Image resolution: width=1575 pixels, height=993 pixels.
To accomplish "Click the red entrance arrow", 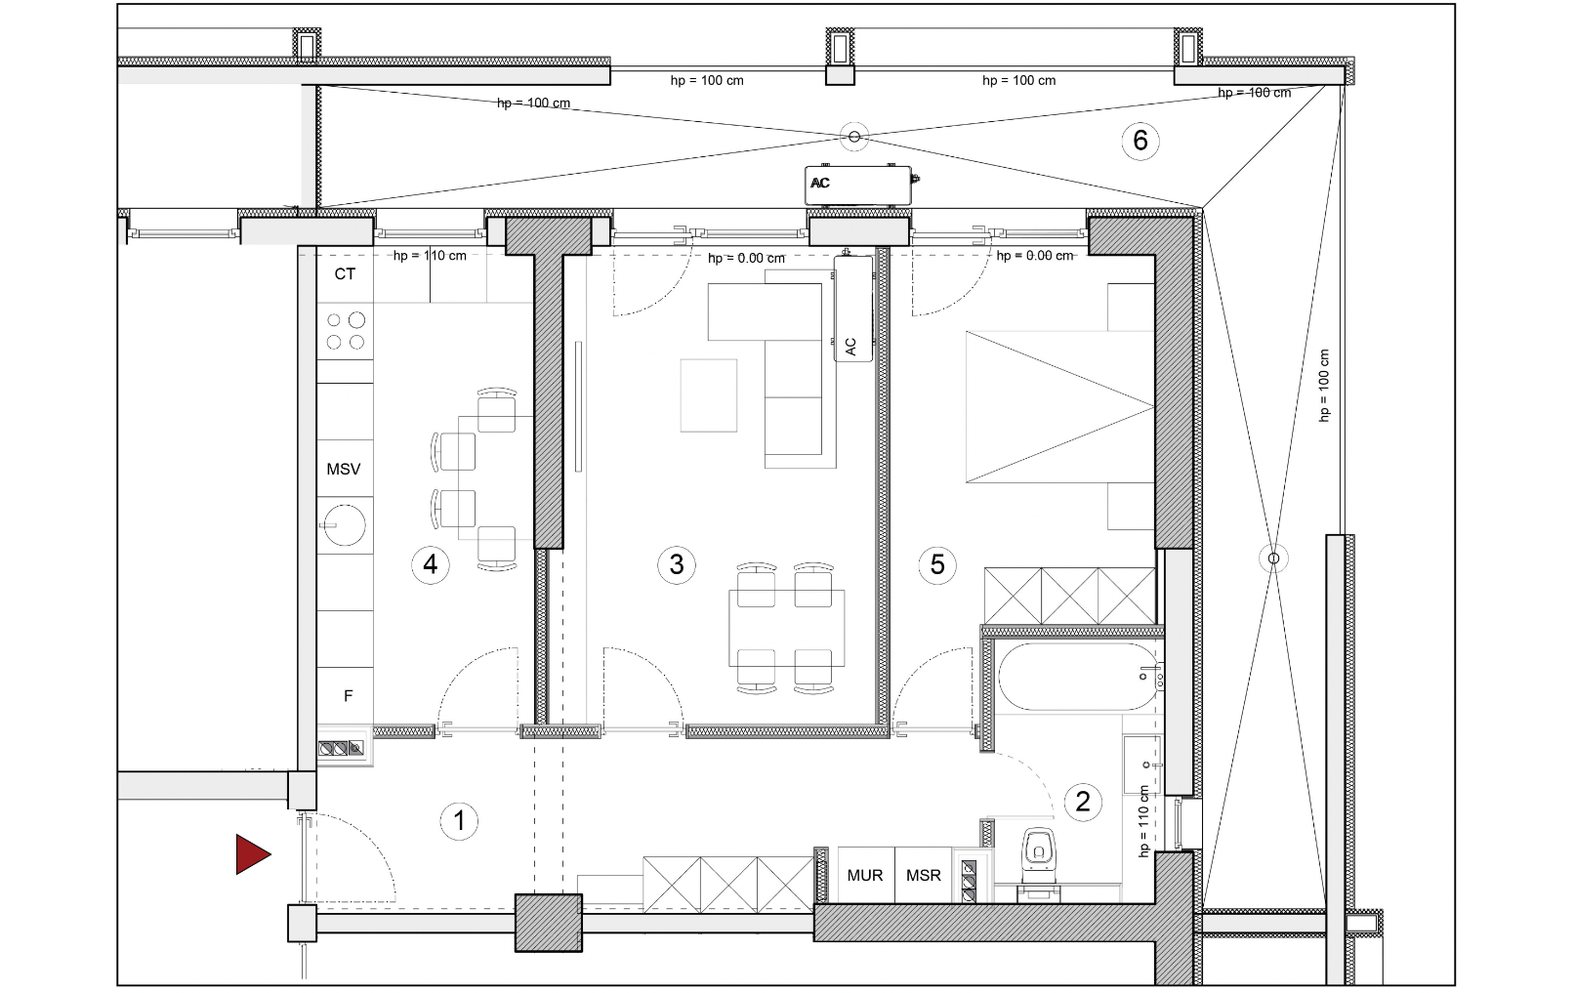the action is click(252, 854).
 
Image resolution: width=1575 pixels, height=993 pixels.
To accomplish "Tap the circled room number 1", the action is click(459, 821).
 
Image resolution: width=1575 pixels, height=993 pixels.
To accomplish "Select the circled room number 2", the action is click(1082, 801).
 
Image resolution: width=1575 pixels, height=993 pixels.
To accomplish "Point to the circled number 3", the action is click(677, 564).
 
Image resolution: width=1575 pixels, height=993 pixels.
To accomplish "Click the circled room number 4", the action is click(431, 564).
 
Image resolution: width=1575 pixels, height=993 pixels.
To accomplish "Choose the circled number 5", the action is click(937, 564).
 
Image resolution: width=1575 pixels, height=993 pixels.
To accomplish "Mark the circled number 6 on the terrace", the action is click(1140, 140).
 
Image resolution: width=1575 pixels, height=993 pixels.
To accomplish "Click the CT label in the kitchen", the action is click(345, 273).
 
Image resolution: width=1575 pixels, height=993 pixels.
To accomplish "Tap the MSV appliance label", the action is click(343, 469).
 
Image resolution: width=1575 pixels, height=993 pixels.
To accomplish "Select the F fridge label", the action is click(348, 696).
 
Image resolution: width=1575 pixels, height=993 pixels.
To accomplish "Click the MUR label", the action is click(865, 876).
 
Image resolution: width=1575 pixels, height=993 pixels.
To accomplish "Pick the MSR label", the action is click(923, 876).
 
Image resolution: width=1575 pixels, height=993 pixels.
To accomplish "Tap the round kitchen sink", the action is click(345, 524).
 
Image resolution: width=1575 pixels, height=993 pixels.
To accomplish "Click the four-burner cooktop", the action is click(346, 331).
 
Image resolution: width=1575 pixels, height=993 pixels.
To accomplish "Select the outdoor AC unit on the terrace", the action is click(858, 186).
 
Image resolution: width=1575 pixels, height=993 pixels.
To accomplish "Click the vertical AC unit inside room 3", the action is click(853, 309).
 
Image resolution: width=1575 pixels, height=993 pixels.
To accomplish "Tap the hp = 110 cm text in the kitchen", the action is click(430, 255).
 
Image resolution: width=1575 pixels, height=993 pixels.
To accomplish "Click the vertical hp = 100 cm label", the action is click(1324, 386).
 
